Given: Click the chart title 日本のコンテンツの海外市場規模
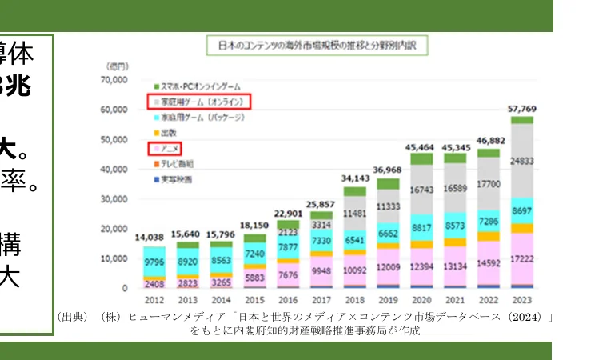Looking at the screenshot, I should [x=317, y=46].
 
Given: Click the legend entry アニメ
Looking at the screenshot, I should [x=170, y=148].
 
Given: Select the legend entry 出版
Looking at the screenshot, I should [x=169, y=132].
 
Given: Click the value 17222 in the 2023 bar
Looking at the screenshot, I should [x=521, y=260].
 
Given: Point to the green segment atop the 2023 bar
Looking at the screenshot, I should [x=521, y=120].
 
